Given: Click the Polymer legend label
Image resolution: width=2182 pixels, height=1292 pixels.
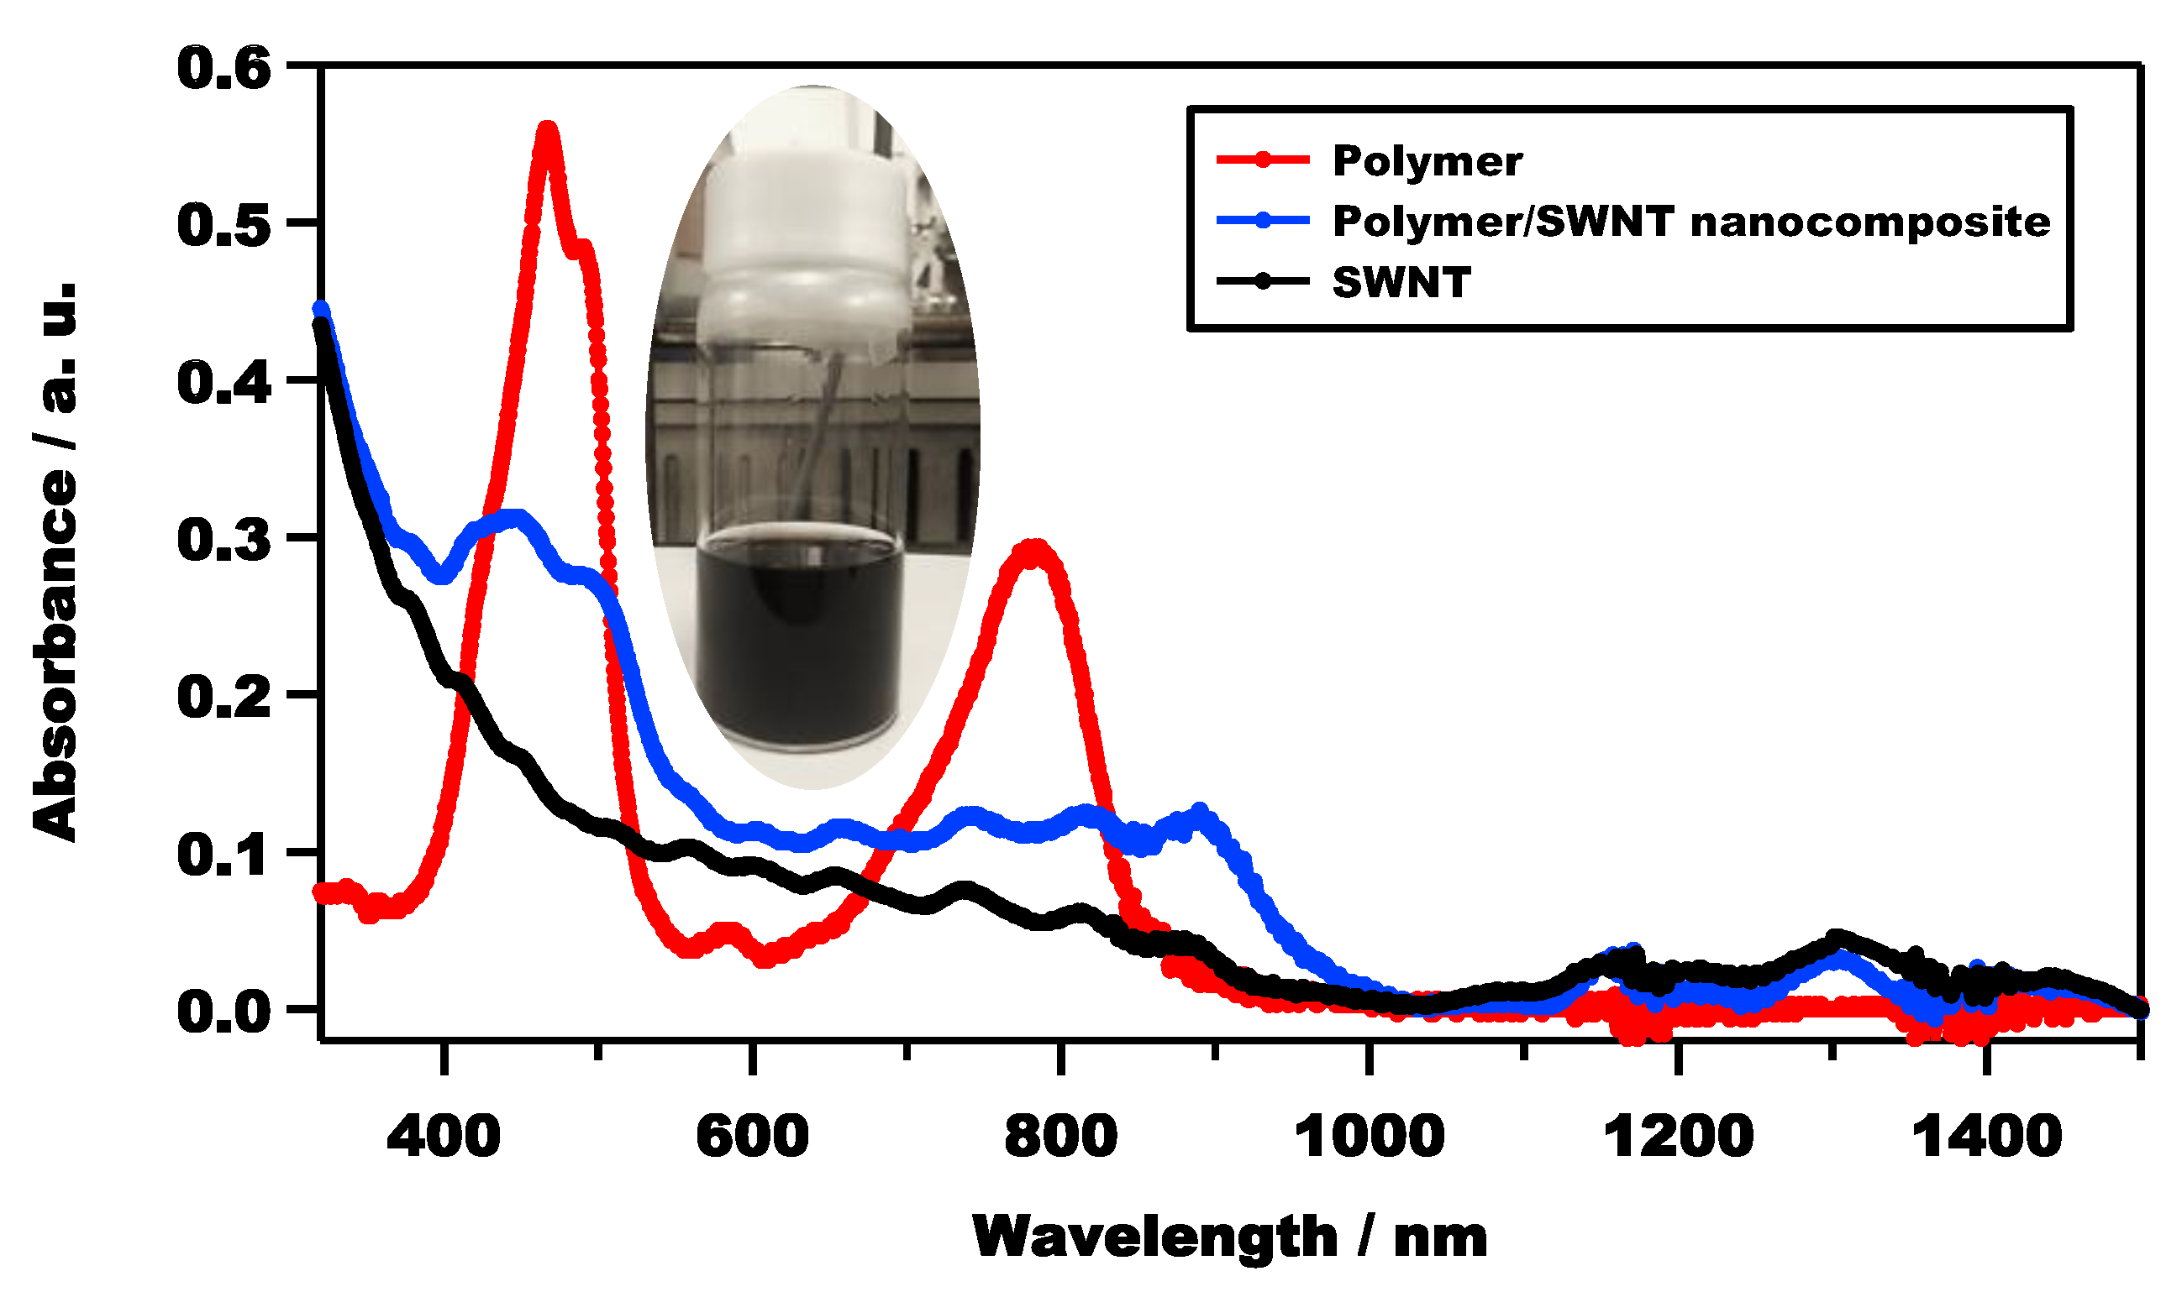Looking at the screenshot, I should [x=1427, y=162].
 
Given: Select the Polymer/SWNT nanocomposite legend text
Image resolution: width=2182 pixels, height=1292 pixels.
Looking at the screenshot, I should [x=1690, y=222].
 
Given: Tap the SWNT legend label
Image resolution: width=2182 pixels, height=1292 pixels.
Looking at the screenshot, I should [x=1401, y=283].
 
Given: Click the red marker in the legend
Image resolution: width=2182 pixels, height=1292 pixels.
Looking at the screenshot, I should [x=1262, y=160].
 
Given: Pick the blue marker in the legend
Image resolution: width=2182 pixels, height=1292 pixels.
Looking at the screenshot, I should [x=1262, y=220].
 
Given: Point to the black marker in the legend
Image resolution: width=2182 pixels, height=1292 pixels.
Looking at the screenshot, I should [x=1262, y=281].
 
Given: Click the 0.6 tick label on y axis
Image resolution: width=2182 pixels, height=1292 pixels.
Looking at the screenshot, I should [x=223, y=69].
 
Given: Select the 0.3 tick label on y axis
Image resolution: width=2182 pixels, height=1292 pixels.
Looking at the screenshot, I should [x=223, y=540].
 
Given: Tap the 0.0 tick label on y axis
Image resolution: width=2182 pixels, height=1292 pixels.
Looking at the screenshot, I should [x=223, y=1012].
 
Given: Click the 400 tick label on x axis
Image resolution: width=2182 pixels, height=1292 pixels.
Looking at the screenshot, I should [x=444, y=1137].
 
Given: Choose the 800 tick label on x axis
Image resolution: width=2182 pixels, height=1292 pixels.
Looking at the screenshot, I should [x=1060, y=1137].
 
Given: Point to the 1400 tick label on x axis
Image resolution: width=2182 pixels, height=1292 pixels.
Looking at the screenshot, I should [x=1986, y=1137].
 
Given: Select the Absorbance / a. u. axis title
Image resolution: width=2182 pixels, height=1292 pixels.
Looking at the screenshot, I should [x=55, y=562].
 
